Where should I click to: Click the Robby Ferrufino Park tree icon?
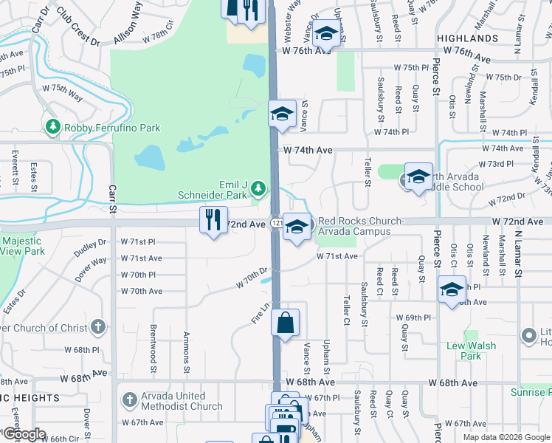[x=52, y=128]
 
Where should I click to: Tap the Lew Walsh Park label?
[x=464, y=351]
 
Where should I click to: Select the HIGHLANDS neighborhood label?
[x=467, y=38]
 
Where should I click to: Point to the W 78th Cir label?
[x=162, y=35]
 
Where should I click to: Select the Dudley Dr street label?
[x=90, y=250]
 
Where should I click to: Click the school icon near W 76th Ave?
[x=325, y=33]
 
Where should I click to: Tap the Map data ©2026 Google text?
[x=506, y=437]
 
